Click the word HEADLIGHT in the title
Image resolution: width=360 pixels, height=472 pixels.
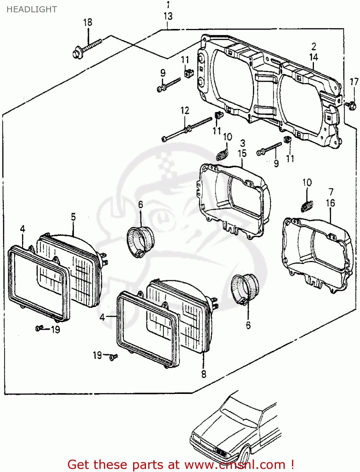point(31,9)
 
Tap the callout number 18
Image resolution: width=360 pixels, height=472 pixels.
point(87,22)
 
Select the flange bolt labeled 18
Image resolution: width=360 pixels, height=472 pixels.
point(86,48)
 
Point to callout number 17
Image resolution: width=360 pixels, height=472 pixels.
point(354,82)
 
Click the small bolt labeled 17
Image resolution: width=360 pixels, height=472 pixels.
point(351,105)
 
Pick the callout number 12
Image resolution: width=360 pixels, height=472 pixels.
point(185,110)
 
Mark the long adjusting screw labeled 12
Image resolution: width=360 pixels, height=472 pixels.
point(187,129)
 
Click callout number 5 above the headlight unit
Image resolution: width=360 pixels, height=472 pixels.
point(73,217)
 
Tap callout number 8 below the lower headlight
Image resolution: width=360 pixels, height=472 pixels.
point(204,374)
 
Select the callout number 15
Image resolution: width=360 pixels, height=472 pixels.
point(242,154)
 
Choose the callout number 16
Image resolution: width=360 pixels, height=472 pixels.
point(330,203)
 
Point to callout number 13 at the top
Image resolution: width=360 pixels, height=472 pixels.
point(168,16)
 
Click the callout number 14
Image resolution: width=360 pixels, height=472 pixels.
point(313,57)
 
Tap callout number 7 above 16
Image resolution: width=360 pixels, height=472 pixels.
point(331,192)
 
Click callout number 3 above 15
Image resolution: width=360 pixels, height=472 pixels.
point(242,143)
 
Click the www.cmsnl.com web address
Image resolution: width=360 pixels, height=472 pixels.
point(234,465)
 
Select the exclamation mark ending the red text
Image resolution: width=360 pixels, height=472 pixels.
point(292,465)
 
